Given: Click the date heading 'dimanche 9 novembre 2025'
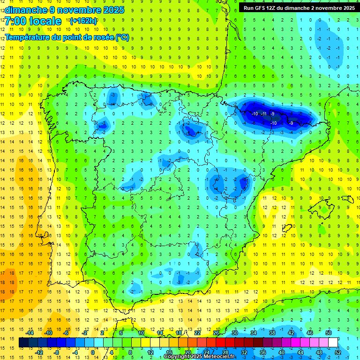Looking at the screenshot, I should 64,10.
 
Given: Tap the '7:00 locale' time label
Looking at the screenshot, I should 33,21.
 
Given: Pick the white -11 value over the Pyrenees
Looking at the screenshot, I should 264,114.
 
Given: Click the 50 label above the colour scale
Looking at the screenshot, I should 329,333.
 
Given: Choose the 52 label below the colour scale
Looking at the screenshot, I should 338,352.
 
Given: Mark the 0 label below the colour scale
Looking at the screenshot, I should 93,352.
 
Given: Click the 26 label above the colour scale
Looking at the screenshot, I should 216,333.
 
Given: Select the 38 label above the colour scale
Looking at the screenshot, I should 272,333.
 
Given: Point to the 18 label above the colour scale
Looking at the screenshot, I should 179,333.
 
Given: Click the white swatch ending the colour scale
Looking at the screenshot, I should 333,343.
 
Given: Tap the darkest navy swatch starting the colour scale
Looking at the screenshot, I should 24,343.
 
